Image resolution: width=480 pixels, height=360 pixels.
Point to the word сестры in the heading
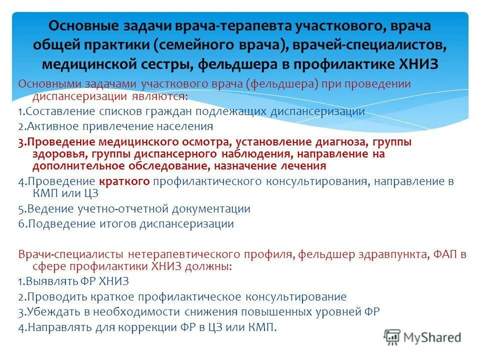pos(165,64)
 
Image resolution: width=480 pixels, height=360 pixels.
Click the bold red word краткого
pos(124,181)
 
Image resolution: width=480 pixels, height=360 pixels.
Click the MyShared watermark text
pos(433,337)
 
